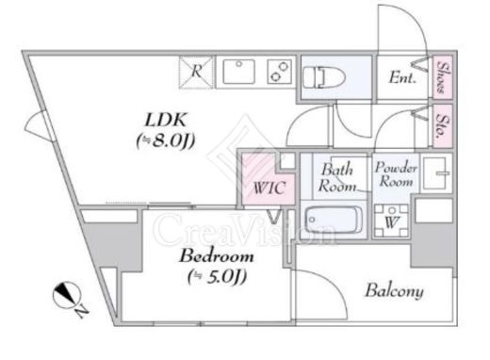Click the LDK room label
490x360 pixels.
165,121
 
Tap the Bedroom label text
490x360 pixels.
217,255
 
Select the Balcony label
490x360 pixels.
394,291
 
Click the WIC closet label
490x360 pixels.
269,188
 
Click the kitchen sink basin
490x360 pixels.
238,72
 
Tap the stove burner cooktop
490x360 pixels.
279,72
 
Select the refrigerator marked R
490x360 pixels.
196,72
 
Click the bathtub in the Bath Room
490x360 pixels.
334,220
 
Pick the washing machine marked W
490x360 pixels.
391,221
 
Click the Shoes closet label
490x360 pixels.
442,77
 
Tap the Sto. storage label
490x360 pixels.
442,126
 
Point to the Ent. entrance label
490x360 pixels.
402,77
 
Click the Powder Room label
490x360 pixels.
396,174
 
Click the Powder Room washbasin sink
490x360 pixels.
436,173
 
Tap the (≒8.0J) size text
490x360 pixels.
166,140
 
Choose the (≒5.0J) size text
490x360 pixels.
217,276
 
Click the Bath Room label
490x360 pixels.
336,178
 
